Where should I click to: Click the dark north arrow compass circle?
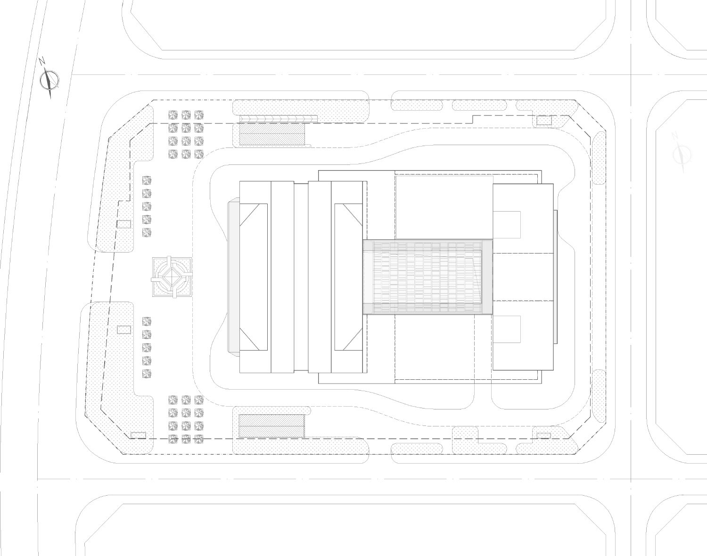coord(49,80)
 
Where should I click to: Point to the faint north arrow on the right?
coord(682,154)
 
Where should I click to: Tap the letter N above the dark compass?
coord(42,61)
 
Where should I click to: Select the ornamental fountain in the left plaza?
coord(172,277)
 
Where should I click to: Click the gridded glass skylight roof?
coord(427,277)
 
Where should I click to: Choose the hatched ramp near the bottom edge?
coord(271,426)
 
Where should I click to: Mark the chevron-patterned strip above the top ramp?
coord(278,119)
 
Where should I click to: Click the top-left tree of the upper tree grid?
coord(173,115)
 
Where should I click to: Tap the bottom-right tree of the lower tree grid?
coord(199,439)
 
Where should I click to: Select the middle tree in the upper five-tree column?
coord(147,206)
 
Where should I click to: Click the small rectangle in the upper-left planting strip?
coord(124,224)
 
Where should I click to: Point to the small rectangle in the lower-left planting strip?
coord(124,330)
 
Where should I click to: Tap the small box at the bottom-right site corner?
coord(544,435)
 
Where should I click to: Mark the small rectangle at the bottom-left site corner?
coord(138,435)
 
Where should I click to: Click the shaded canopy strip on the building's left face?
coord(233,277)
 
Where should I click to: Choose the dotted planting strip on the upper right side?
coord(599,159)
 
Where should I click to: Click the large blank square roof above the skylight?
coord(444,207)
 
